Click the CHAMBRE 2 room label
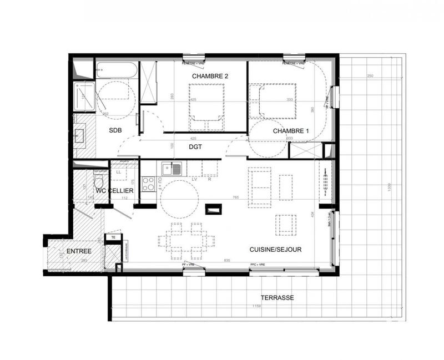211,76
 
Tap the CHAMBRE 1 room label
291,131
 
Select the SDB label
115,131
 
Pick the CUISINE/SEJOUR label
275,250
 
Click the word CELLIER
122,191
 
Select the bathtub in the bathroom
115,71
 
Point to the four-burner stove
149,183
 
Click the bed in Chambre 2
207,105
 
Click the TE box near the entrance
113,237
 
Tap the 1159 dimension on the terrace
256,306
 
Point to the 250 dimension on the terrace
370,76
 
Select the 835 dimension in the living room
226,260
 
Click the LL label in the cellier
119,172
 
